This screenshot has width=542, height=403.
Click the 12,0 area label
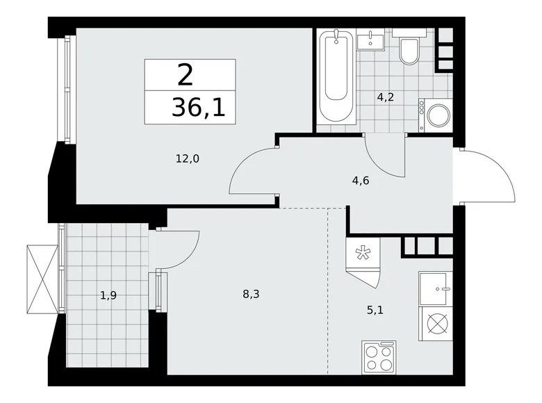188,158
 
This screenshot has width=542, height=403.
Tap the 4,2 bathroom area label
386,97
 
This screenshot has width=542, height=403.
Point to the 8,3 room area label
252,294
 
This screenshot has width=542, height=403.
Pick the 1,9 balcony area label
108,295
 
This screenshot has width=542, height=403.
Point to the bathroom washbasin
370,40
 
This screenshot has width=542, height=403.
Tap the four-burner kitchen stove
379,359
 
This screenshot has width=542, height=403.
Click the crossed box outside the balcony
40,279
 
